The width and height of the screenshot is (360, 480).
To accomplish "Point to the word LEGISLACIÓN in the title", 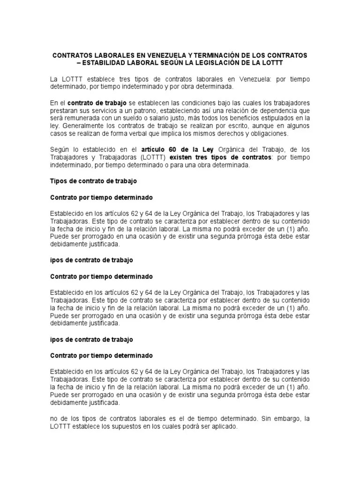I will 222,62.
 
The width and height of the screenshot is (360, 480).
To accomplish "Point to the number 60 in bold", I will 167,150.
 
